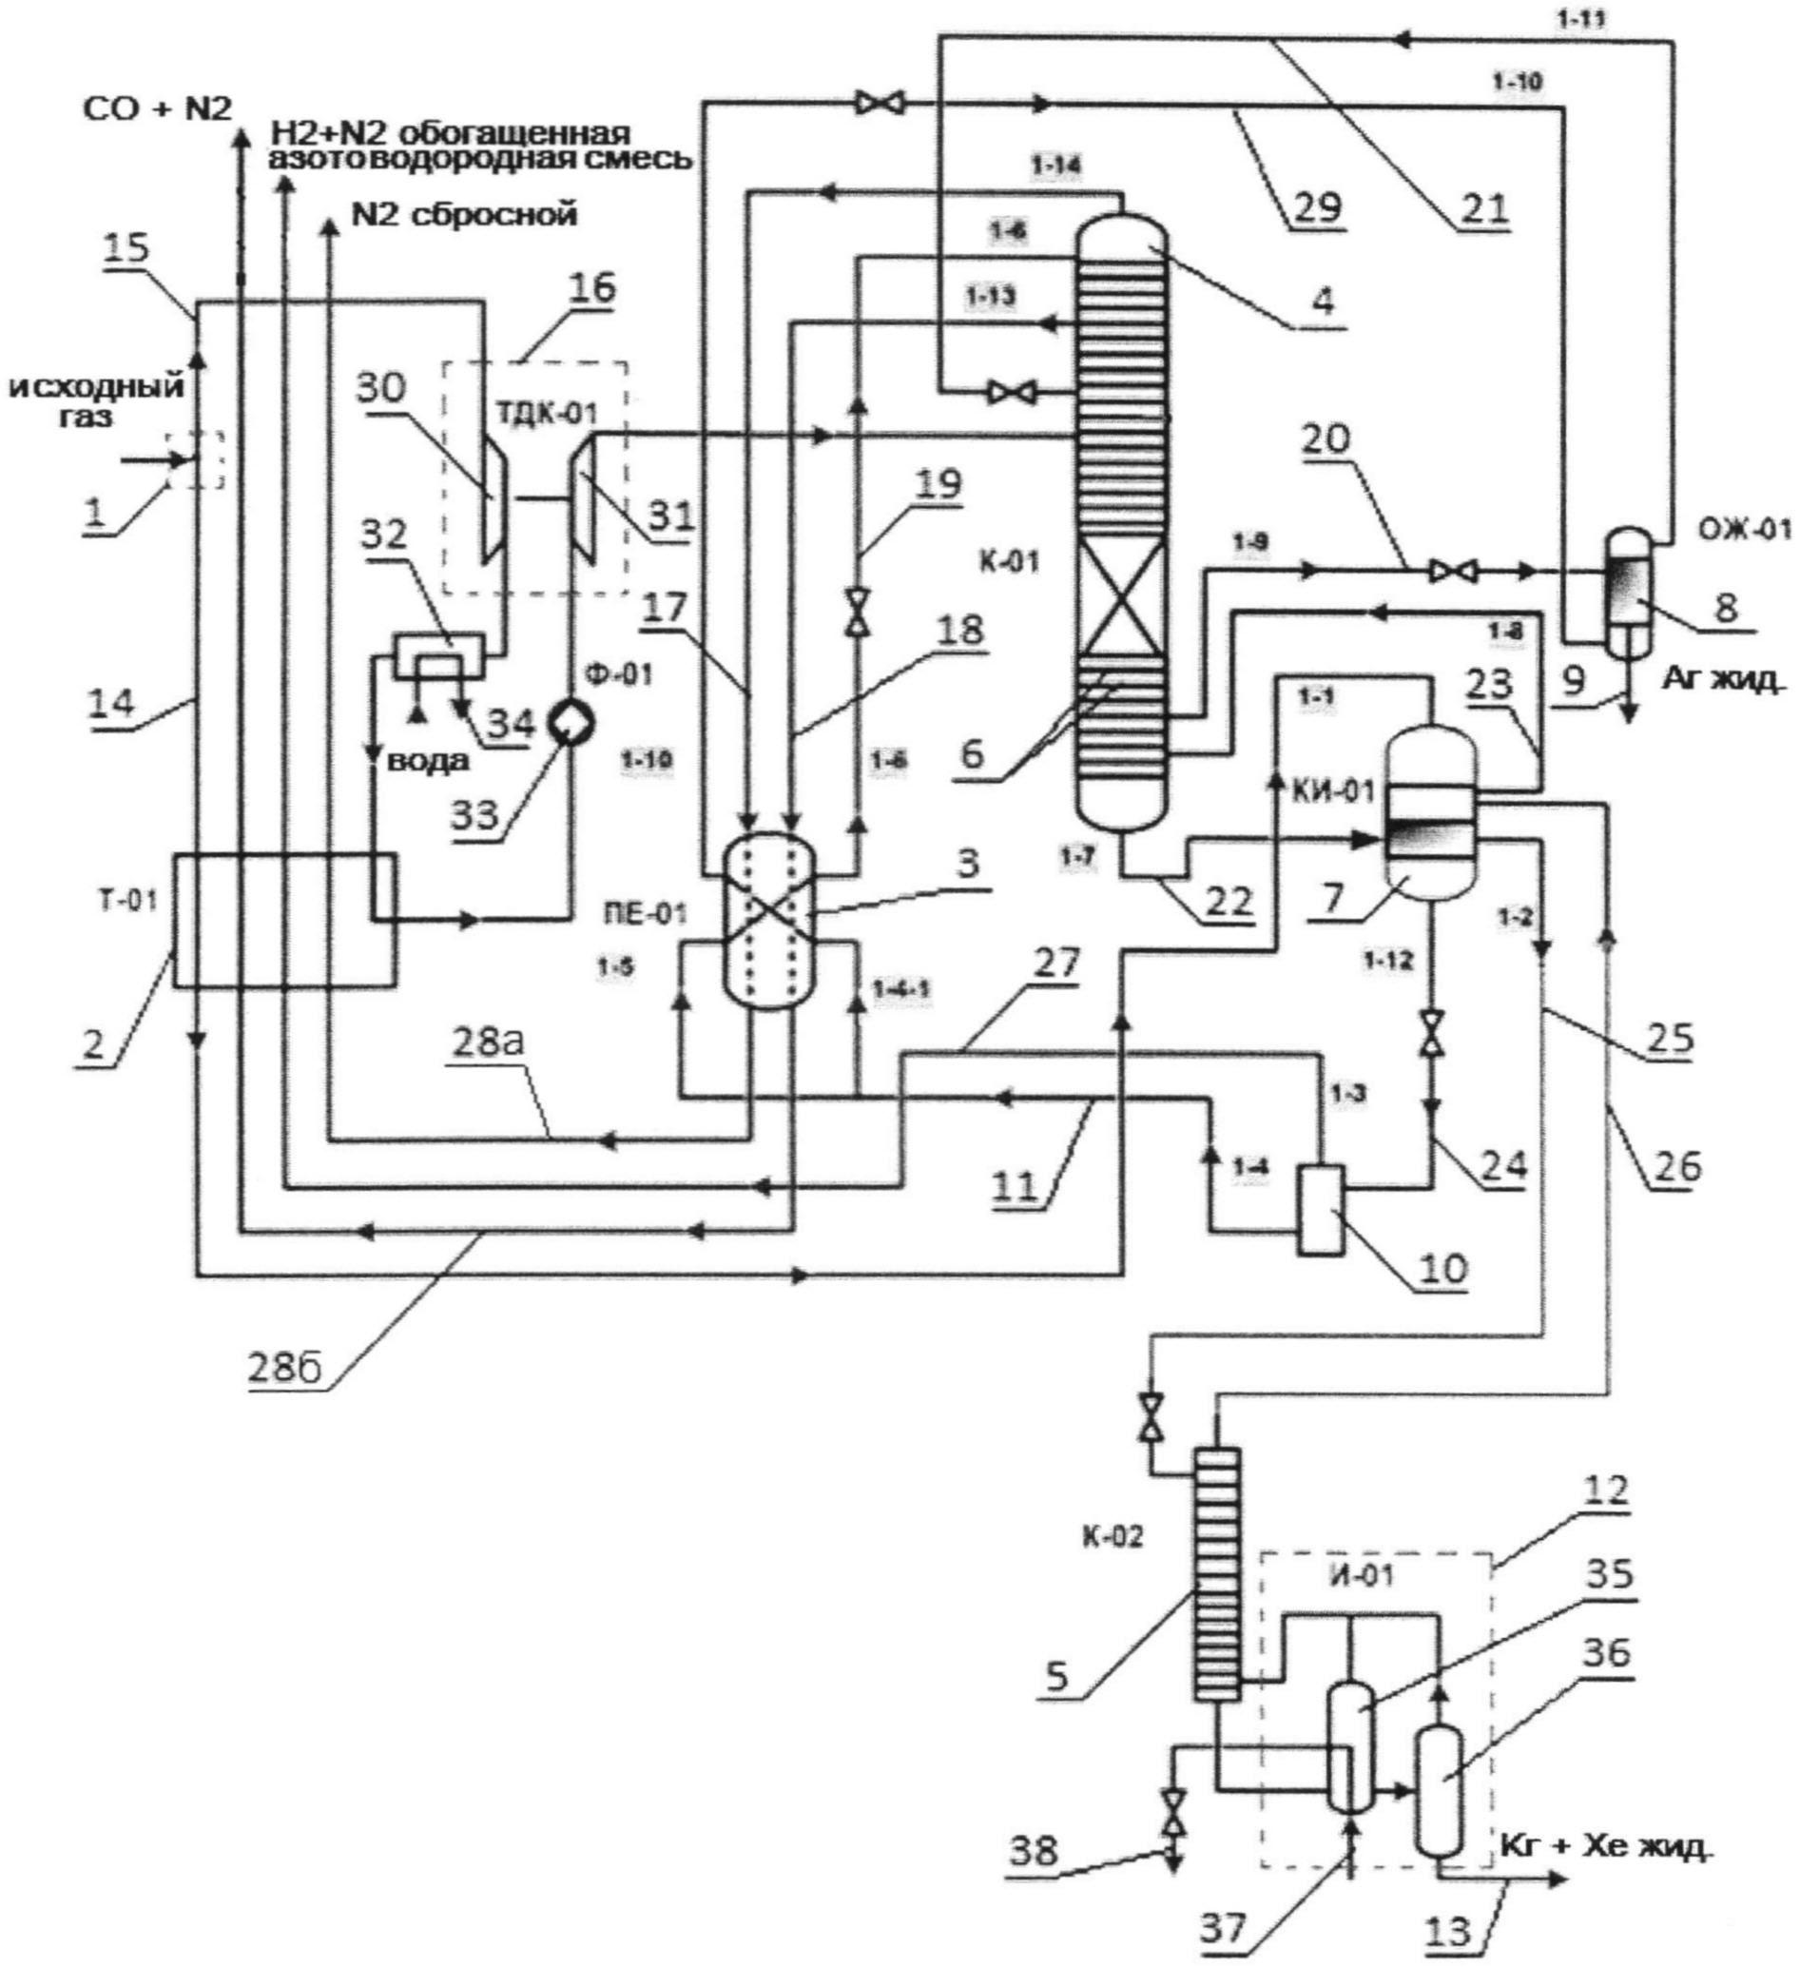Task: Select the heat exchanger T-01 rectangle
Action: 284,919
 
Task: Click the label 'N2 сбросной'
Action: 464,214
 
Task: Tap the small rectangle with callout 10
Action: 1319,1209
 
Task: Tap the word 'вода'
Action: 428,761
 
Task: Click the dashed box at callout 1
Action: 194,459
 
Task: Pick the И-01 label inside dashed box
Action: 1372,1574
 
